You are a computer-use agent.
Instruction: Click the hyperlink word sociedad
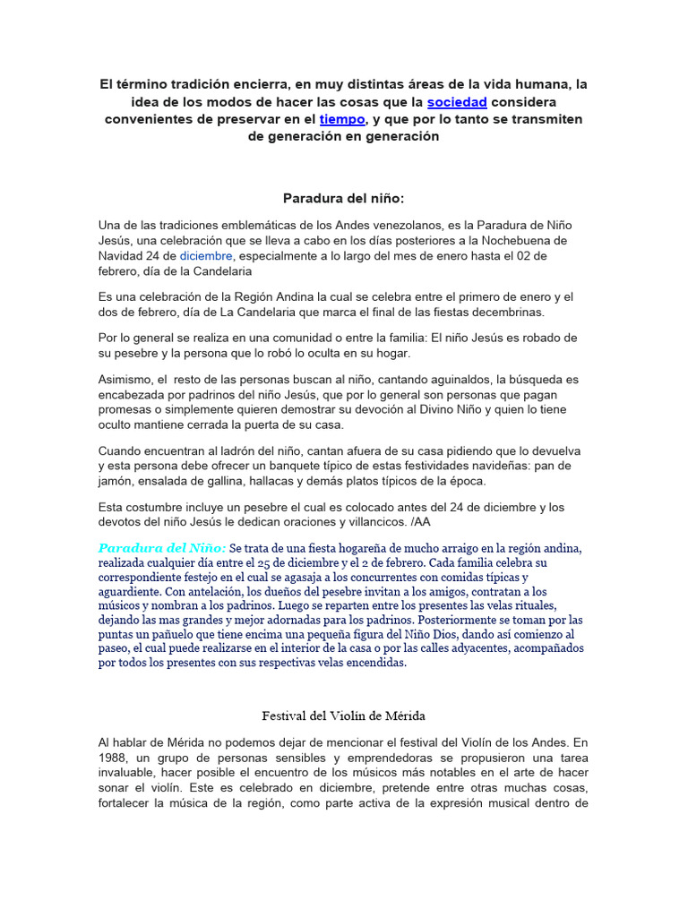click(457, 102)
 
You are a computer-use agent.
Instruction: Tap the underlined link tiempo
click(342, 119)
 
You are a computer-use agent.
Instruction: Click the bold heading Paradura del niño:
click(344, 198)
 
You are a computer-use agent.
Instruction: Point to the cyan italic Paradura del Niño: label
click(162, 547)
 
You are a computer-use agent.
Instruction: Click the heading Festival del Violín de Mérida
click(343, 716)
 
